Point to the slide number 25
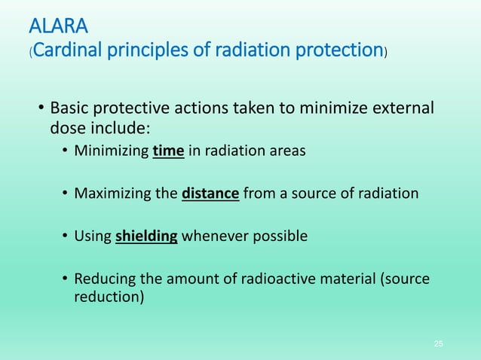click(439, 343)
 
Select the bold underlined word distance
click(211, 194)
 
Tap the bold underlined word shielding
click(146, 236)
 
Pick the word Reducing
click(103, 279)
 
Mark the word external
click(403, 108)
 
